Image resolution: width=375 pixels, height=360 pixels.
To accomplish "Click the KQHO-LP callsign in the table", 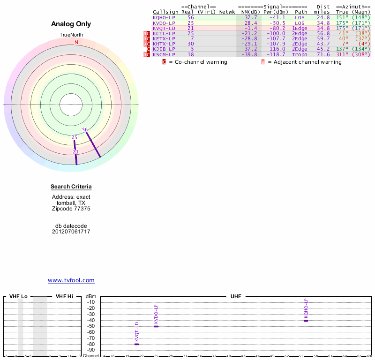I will click(164, 17).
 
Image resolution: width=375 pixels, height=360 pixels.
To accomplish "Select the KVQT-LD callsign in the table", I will click(164, 28).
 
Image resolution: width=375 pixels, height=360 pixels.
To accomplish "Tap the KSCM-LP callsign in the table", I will click(164, 54).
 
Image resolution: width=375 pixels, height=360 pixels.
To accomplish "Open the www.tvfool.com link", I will click(71, 280).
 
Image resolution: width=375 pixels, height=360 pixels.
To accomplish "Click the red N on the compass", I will click(76, 42).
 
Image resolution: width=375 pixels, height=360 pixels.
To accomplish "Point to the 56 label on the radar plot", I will click(85, 129).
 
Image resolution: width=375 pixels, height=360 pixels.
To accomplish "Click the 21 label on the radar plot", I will click(75, 151).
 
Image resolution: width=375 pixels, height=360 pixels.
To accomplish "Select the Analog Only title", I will click(71, 24).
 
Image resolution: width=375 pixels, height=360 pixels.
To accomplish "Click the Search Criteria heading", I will click(71, 187).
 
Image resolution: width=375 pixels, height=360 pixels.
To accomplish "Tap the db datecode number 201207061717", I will click(71, 232).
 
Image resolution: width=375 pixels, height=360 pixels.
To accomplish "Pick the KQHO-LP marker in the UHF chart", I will click(306, 321).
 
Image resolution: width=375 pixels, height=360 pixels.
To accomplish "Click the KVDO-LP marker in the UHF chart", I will click(156, 326).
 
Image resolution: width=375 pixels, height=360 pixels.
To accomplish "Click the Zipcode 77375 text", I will click(71, 209).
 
